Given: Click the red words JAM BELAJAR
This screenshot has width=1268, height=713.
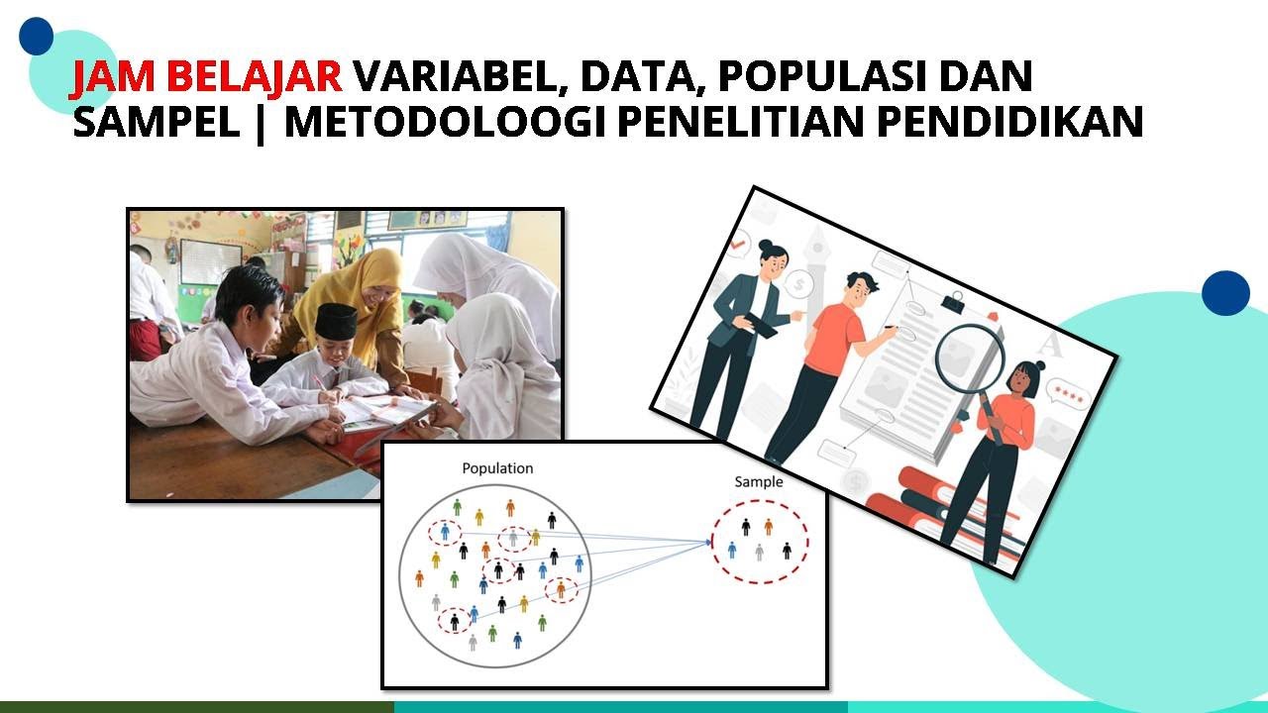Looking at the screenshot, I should tap(206, 76).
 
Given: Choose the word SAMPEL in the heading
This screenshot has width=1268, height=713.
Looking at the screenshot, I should tap(156, 123).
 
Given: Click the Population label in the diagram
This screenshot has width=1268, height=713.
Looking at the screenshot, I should tap(497, 468).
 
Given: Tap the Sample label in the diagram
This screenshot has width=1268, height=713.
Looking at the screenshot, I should tap(758, 482).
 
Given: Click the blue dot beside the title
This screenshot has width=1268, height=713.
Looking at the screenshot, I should tap(36, 36).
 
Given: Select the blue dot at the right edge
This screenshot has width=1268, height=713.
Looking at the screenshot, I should tap(1225, 293).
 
